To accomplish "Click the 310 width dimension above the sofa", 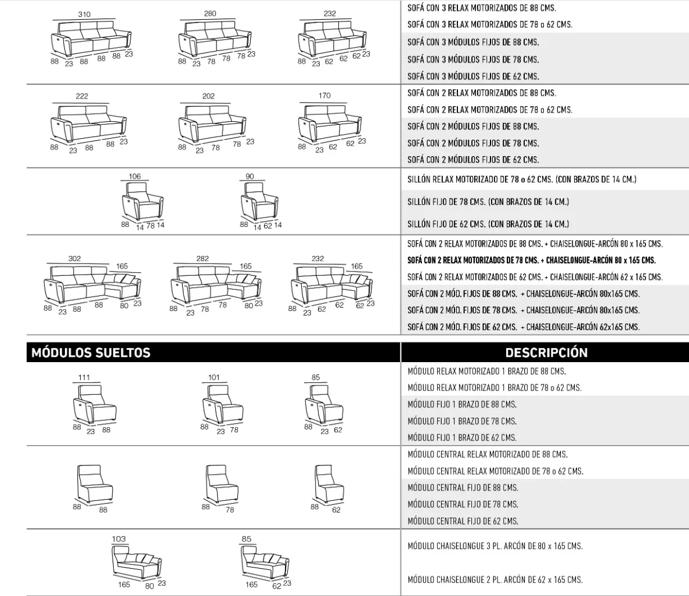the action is pyautogui.click(x=84, y=14).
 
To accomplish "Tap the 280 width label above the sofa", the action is pyautogui.click(x=210, y=13).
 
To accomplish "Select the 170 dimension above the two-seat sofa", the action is pyautogui.click(x=324, y=95).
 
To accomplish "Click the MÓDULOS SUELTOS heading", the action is pyautogui.click(x=91, y=353).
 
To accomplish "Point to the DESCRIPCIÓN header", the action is pyautogui.click(x=546, y=353).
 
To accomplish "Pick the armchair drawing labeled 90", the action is pyautogui.click(x=259, y=201).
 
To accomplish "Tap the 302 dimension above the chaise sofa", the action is pyautogui.click(x=75, y=258).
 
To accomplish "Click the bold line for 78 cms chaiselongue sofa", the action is pyautogui.click(x=532, y=260).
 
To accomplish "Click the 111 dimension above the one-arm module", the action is pyautogui.click(x=84, y=377).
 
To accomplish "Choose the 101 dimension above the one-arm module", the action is pyautogui.click(x=214, y=377).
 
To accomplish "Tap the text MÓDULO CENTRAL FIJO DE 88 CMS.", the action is pyautogui.click(x=463, y=487).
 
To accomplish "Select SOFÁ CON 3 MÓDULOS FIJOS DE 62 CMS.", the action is pyautogui.click(x=473, y=77).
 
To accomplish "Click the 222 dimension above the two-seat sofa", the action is pyautogui.click(x=82, y=96).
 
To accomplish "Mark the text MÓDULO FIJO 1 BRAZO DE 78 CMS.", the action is pyautogui.click(x=462, y=421).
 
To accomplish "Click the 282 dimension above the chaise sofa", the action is pyautogui.click(x=203, y=258).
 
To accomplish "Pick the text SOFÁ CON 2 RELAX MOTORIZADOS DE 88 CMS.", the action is pyautogui.click(x=482, y=93).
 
